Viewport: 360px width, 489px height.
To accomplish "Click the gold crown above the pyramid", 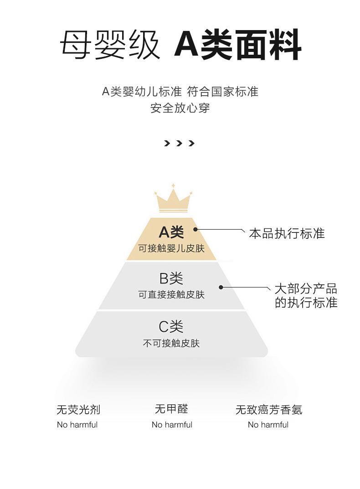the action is [x=173, y=198].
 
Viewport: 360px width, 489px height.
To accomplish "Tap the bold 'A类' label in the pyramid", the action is [x=171, y=232].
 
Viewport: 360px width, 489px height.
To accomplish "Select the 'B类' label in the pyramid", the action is [x=171, y=278].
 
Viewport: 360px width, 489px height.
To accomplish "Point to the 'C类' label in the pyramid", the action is [x=171, y=326].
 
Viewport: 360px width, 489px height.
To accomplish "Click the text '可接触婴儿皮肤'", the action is [x=171, y=248].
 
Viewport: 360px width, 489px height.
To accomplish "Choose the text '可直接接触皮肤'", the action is [x=171, y=295].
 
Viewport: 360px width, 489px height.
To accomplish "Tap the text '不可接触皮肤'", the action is [x=171, y=343].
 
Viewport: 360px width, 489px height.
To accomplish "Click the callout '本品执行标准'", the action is [x=287, y=234].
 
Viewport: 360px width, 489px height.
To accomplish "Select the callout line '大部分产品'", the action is [x=306, y=289].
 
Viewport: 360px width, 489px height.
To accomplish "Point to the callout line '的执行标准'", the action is [x=306, y=303].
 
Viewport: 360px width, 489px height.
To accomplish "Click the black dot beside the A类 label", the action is [x=195, y=229].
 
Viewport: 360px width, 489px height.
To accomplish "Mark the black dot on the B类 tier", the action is [x=221, y=287].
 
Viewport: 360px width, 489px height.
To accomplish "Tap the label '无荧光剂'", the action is [x=78, y=410].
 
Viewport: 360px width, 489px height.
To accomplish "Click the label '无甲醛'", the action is [x=172, y=409].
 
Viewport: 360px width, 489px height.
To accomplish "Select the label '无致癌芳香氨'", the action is [x=269, y=410].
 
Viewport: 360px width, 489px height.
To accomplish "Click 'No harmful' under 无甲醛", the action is [x=172, y=425].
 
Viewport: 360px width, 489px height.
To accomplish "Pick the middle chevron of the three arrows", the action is [x=179, y=144].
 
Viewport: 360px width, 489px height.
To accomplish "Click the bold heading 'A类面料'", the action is [x=238, y=45].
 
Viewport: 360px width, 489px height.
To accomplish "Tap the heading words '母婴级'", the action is [x=110, y=45].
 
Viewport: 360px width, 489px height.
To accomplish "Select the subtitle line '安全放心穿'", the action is [x=180, y=108].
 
